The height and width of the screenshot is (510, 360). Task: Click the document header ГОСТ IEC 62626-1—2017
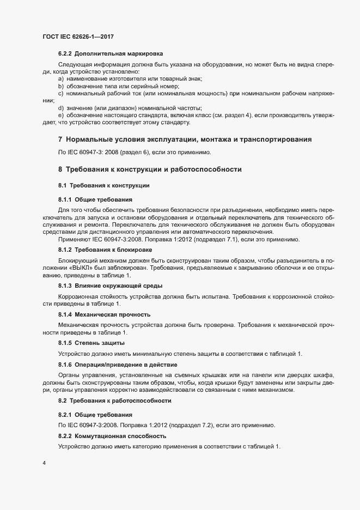coord(78,37)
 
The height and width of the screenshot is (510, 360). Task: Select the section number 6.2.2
coord(65,53)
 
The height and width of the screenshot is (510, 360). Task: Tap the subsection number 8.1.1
coord(65,200)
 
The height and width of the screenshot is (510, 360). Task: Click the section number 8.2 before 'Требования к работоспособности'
coord(63,401)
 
